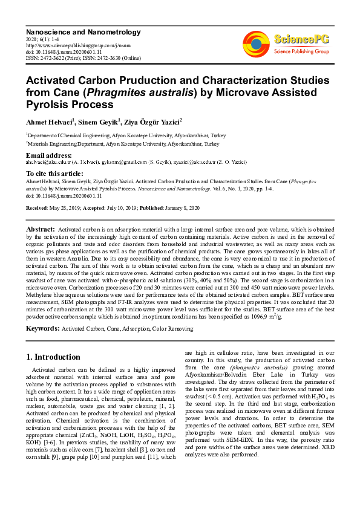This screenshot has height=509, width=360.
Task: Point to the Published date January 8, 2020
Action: [180, 207]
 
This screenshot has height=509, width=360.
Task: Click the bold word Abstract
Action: [40, 230]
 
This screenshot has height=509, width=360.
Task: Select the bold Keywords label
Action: [42, 328]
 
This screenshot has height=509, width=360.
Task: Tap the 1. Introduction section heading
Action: [54, 357]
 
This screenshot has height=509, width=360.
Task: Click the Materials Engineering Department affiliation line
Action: [122, 144]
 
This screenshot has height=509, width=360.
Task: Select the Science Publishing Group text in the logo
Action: [302, 52]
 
